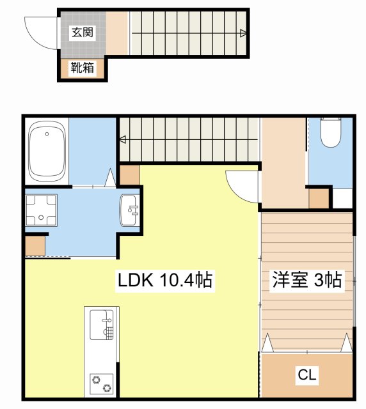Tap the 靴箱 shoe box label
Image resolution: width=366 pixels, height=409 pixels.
tap(83, 68)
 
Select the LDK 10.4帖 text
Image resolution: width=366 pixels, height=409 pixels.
tap(164, 280)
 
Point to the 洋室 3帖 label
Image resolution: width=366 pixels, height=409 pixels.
tap(308, 280)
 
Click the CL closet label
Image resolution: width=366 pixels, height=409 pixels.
tap(307, 375)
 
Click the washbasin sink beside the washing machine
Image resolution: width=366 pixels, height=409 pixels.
tap(129, 210)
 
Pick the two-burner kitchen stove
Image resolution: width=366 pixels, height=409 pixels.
tap(101, 383)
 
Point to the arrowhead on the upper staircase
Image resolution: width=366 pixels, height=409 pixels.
tap(243, 33)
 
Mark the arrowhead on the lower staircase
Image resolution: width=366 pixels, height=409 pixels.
tap(122, 139)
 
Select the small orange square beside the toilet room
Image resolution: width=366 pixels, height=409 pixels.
tap(318, 199)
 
